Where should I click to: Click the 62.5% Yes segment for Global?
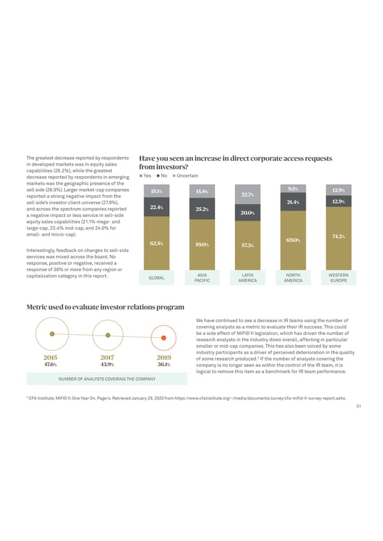[156, 243]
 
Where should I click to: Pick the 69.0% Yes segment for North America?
[292, 239]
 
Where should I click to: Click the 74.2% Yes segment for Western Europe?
[338, 237]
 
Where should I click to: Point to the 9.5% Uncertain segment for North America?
[292, 188]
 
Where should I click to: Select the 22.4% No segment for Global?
[156, 207]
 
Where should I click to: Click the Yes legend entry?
[145, 175]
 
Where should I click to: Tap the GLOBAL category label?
[156, 278]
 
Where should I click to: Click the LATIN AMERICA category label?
[247, 278]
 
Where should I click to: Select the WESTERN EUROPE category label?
[338, 278]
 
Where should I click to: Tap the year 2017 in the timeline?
[107, 357]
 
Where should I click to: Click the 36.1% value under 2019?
[163, 365]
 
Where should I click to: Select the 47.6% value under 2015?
[52, 365]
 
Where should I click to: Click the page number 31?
[359, 408]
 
